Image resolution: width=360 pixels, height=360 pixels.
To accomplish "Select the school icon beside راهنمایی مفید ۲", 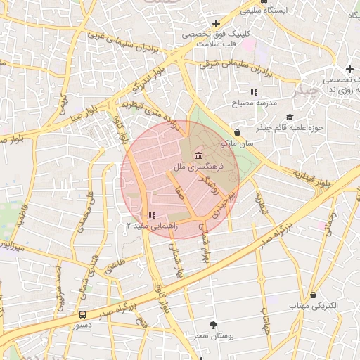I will click(152, 215).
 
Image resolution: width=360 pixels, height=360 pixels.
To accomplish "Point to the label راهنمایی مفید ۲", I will click(152, 226).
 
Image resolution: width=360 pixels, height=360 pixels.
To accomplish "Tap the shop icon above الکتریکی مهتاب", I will click(314, 295).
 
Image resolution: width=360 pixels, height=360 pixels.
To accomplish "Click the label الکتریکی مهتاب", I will click(314, 307).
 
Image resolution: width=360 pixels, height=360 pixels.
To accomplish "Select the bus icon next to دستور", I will click(83, 314).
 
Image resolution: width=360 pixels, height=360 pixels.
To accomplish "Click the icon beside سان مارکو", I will click(237, 131).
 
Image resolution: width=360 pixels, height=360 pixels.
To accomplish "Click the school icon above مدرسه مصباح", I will click(254, 91).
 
